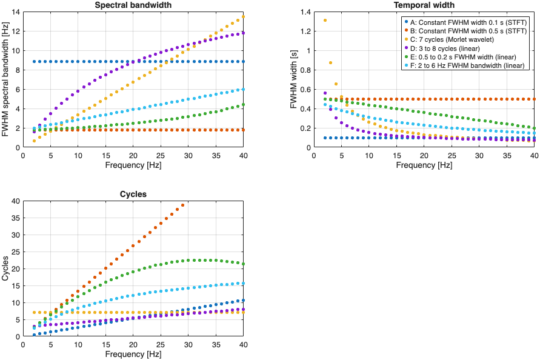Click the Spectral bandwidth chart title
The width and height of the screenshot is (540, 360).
(133, 5)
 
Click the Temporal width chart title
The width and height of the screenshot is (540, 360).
(424, 5)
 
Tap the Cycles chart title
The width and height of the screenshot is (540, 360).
(133, 195)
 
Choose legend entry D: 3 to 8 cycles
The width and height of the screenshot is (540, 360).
(445, 47)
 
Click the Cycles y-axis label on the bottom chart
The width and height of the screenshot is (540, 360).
(5, 268)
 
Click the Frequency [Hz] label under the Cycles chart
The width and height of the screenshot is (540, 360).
(133, 354)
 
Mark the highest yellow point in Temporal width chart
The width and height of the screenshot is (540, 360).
(325, 20)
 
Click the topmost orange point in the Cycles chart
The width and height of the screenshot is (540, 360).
(182, 205)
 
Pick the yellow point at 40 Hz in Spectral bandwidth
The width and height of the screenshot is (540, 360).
(244, 16)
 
